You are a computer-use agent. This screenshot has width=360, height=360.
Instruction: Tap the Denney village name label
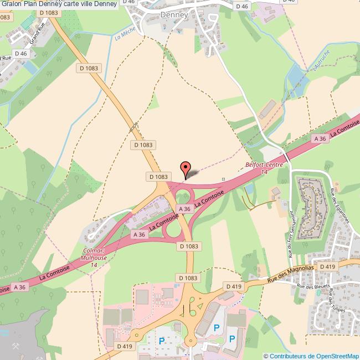click(174, 16)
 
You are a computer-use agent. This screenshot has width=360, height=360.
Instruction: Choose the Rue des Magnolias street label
click(291, 272)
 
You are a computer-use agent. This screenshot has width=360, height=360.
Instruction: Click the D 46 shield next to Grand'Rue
click(21, 53)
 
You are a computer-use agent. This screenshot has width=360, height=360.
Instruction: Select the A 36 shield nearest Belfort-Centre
click(320, 138)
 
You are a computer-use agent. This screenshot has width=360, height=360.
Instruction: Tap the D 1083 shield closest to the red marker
click(158, 176)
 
